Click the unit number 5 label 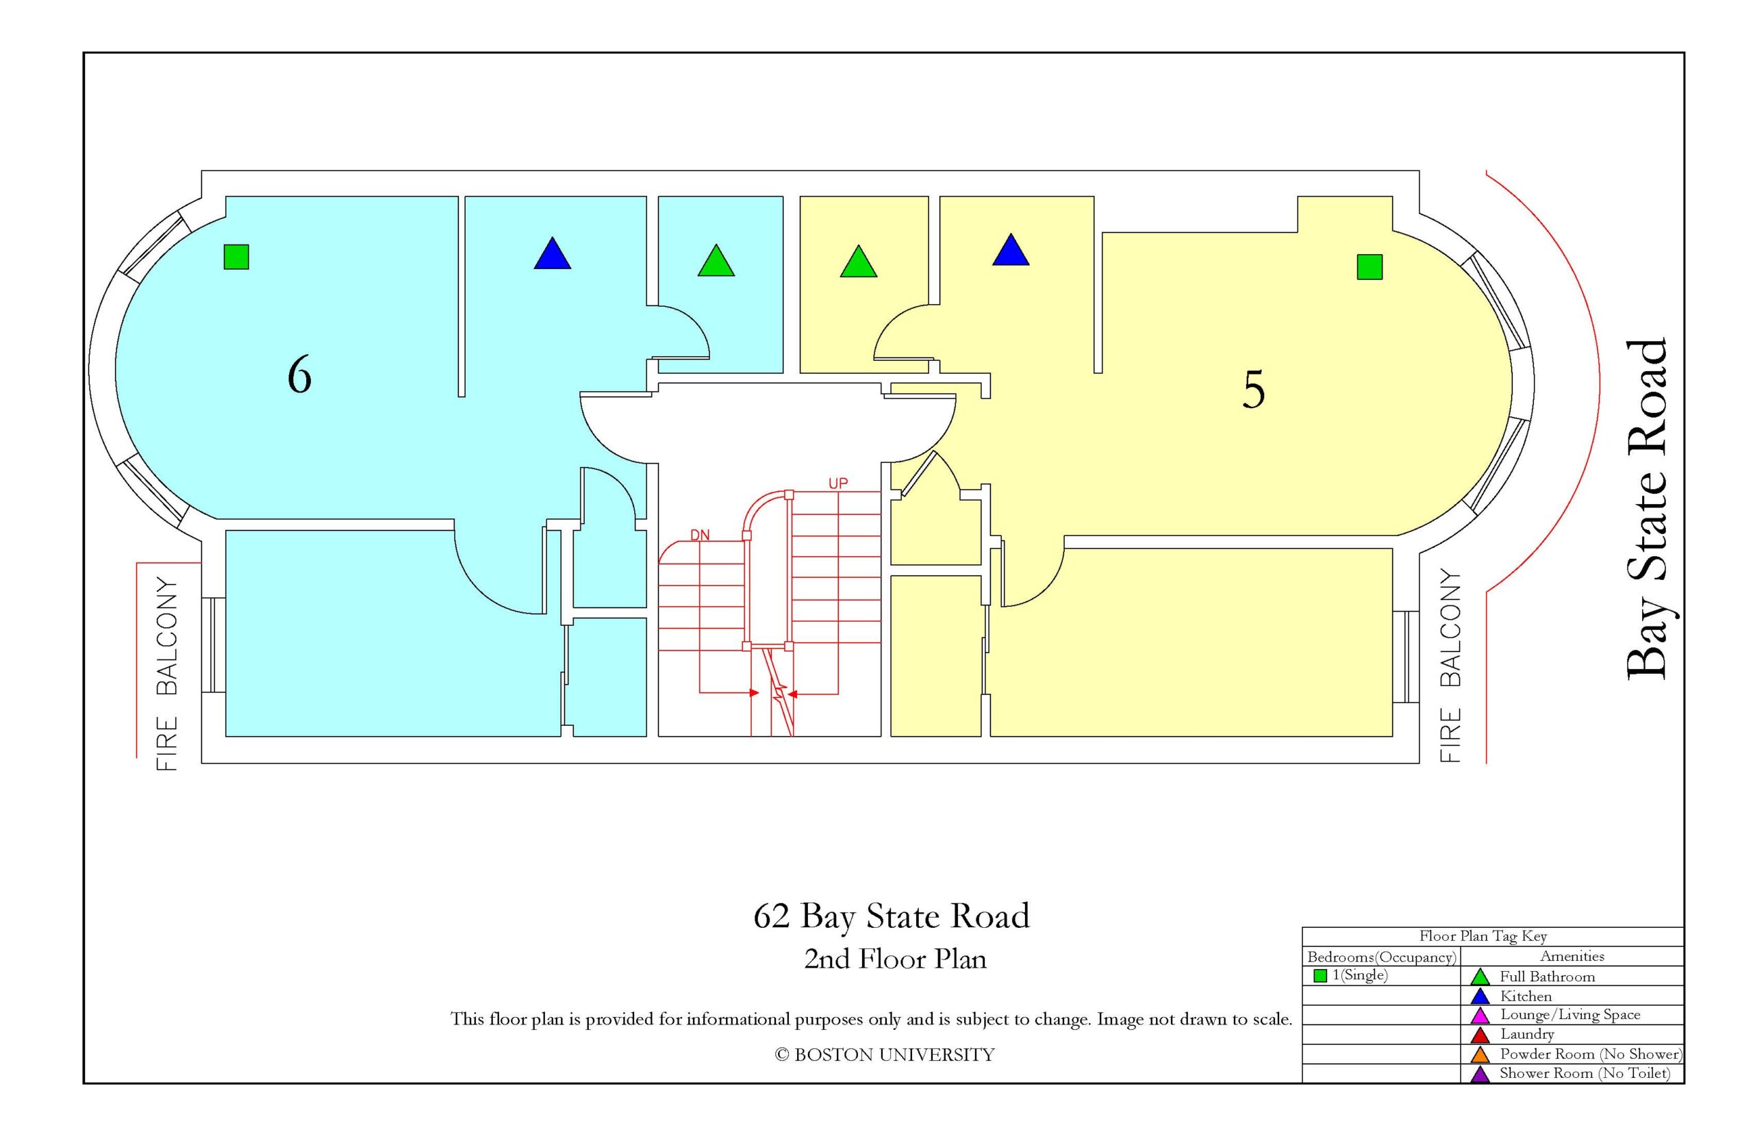click(1254, 390)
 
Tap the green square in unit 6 click(236, 256)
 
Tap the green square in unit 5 click(1370, 266)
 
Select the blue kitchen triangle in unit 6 click(552, 254)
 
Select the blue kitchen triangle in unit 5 click(1011, 251)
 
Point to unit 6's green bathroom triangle click(716, 262)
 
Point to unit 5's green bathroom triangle click(859, 262)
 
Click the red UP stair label click(838, 483)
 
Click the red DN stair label click(699, 535)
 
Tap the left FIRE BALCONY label click(167, 675)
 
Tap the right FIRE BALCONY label click(1450, 665)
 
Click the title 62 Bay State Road click(891, 916)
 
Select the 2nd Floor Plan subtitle click(894, 959)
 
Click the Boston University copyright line click(884, 1055)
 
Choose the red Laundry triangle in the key click(1480, 1035)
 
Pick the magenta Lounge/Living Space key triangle click(1480, 1016)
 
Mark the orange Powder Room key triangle click(1480, 1055)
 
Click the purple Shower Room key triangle click(1480, 1074)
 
